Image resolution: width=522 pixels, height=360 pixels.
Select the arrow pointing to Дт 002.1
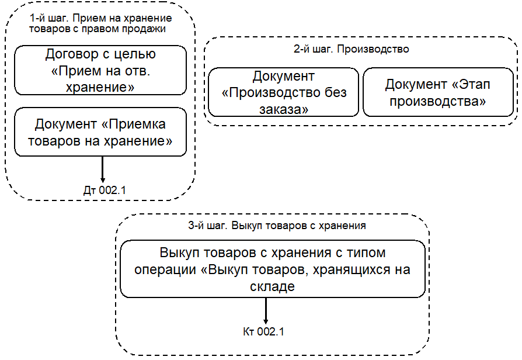coord(102,169)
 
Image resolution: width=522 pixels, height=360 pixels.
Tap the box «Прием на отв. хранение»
coord(100,70)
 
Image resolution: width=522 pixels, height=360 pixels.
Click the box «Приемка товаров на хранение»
coord(100,132)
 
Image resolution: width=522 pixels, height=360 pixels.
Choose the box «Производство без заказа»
coord(283,92)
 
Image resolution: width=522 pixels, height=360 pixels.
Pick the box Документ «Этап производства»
coord(437,92)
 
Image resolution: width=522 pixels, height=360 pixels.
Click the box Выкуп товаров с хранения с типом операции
coord(272,269)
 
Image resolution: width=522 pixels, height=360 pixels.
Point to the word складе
coord(272,286)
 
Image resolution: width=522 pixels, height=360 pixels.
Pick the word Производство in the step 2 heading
coord(379,49)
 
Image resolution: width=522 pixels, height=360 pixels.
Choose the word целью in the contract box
coord(135,56)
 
